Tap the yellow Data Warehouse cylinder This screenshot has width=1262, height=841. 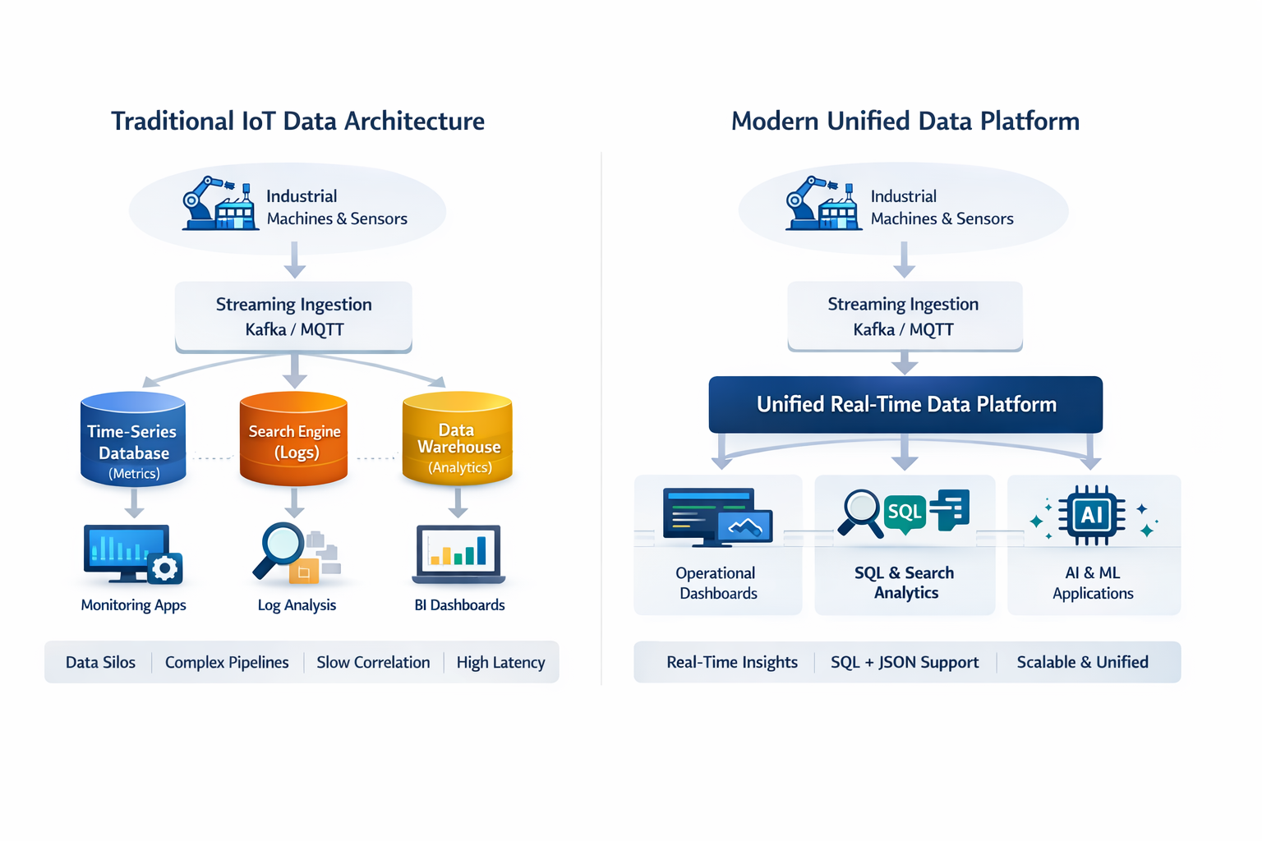[x=457, y=439]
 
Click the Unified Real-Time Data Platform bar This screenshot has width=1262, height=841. [x=905, y=404]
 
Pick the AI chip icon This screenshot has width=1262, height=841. [x=1092, y=515]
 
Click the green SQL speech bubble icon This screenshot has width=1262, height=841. [x=905, y=513]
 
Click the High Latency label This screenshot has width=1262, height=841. [x=500, y=663]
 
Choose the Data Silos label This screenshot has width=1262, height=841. [x=100, y=663]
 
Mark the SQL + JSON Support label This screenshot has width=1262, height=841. [x=905, y=663]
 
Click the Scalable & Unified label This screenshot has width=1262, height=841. [x=1082, y=663]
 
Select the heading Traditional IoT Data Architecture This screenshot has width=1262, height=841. [x=297, y=122]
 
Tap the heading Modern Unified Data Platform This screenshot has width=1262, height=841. [x=905, y=122]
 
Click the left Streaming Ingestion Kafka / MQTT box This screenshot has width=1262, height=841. [x=293, y=317]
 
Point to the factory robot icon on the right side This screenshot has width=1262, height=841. [x=822, y=204]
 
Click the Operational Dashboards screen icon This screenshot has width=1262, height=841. [x=717, y=517]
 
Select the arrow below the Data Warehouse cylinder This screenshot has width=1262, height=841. [x=458, y=503]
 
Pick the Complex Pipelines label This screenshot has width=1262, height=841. [x=227, y=663]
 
